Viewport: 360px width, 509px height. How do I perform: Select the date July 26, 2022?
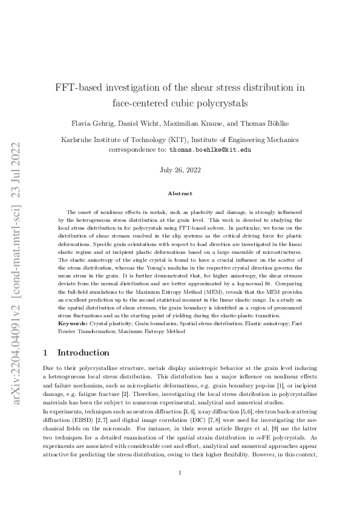180,171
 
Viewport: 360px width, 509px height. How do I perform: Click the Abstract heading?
180,193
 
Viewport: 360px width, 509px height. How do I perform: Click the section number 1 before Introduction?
47,353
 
